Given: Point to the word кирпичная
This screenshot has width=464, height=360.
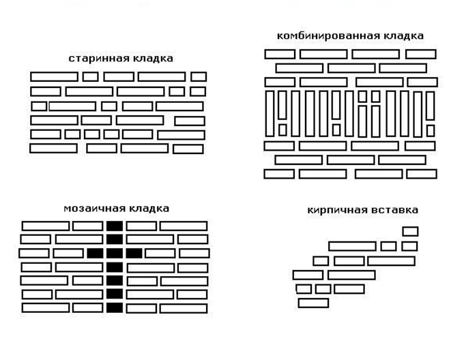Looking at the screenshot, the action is [336, 210].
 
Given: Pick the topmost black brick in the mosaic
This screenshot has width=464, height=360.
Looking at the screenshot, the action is [115, 226].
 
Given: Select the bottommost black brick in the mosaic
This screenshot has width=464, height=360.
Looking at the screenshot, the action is [115, 307].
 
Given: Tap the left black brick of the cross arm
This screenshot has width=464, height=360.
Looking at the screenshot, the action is [96, 254].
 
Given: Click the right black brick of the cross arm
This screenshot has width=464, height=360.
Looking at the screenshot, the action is [134, 254].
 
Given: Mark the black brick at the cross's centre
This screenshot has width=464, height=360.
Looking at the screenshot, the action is [115, 254].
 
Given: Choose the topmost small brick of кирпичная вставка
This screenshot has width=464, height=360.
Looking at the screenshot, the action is [411, 231].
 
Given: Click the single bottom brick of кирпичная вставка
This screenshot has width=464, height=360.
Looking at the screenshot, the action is [313, 303].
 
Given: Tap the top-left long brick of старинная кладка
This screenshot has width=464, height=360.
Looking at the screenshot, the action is [54, 77].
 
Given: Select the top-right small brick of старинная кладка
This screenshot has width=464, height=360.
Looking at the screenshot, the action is [199, 77].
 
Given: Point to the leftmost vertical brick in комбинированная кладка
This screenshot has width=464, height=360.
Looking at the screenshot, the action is [270, 114].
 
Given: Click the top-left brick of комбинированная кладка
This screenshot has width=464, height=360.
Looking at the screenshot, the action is [280, 55].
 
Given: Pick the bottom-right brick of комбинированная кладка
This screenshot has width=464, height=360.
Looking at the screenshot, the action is [422, 174].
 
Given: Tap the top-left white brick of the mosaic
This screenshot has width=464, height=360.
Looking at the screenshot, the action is [46, 226].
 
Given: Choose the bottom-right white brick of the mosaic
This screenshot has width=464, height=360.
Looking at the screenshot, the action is [184, 308].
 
